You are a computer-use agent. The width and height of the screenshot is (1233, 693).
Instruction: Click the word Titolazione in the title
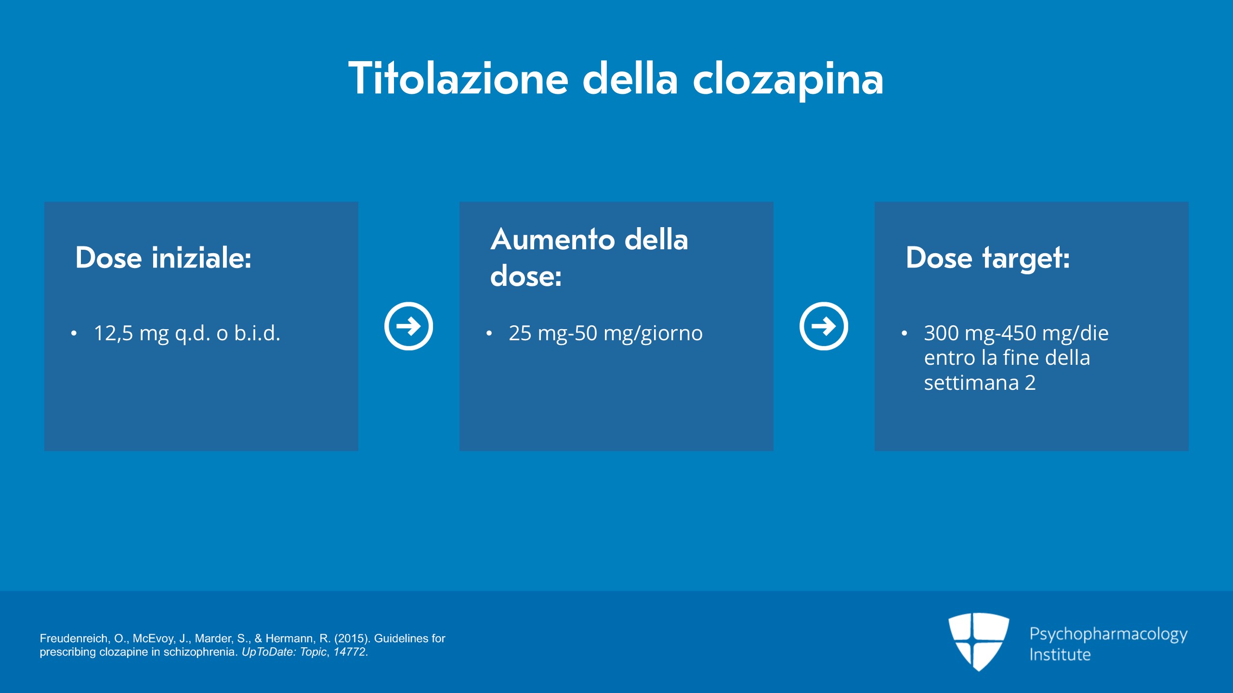coord(459,78)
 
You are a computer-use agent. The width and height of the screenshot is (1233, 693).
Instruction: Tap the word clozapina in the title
coord(788,81)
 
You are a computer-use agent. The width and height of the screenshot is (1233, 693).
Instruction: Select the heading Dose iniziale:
coord(163,258)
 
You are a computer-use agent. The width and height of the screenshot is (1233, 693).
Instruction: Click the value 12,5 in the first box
coord(113,333)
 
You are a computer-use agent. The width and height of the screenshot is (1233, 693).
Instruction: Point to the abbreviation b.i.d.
coord(257,333)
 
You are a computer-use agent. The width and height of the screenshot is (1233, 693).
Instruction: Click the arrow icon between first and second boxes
coord(408,326)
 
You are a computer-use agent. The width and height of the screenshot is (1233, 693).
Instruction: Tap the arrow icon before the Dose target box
coord(824,326)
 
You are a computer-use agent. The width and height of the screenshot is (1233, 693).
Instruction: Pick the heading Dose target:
coord(987,258)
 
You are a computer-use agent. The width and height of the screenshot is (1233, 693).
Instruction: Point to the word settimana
coord(971,383)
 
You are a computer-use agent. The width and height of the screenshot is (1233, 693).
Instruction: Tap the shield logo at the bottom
coord(979,642)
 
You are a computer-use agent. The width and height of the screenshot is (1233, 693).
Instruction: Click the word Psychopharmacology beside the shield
coord(1108,635)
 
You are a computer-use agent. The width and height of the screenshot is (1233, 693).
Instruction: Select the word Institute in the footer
coord(1060,655)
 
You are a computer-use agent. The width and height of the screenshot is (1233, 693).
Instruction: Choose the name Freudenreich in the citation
coord(75,639)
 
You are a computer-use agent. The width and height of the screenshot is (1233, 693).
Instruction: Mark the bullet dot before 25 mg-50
coord(489,333)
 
